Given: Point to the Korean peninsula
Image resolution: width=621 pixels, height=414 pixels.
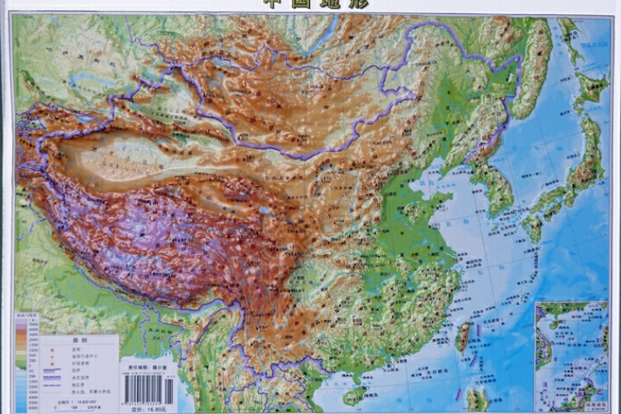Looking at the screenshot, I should coord(496,187).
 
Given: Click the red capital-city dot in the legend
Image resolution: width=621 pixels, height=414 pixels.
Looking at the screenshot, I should coord(54,349).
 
